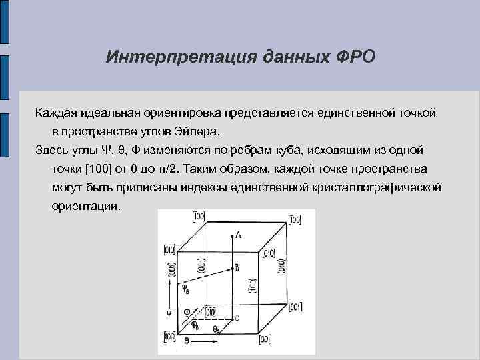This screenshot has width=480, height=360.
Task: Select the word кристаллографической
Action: pos(376,187)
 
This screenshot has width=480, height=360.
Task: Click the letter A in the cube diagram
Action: pos(238,234)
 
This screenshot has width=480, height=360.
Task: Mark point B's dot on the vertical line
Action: pos(231,268)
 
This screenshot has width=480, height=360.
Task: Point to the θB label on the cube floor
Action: pos(218,329)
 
